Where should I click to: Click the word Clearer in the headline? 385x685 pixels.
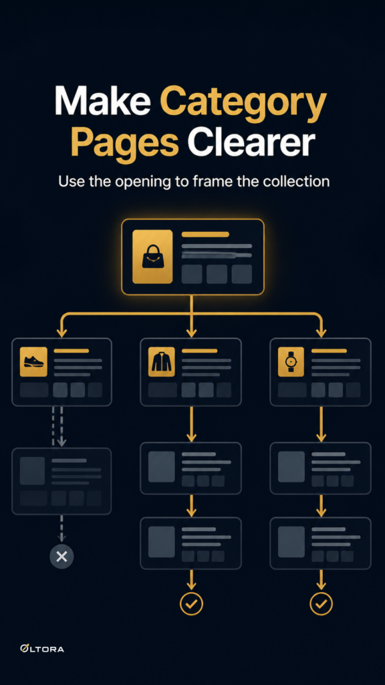tap(251, 142)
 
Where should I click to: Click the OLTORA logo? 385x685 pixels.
tap(42, 648)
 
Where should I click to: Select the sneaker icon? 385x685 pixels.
tap(33, 361)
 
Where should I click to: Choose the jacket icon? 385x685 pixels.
tap(162, 362)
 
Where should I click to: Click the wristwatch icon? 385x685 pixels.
tap(291, 362)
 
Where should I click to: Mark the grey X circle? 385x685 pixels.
tap(61, 557)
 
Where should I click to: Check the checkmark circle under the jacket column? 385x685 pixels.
tap(191, 604)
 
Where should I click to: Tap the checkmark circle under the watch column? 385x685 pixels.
tap(322, 604)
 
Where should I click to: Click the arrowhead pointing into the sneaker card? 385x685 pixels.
tap(61, 332)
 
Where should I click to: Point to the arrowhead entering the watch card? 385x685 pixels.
tap(322, 332)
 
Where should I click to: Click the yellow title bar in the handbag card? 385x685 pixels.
tap(205, 235)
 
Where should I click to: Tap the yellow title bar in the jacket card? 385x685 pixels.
tap(199, 351)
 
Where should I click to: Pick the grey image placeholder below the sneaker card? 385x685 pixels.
tap(32, 470)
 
